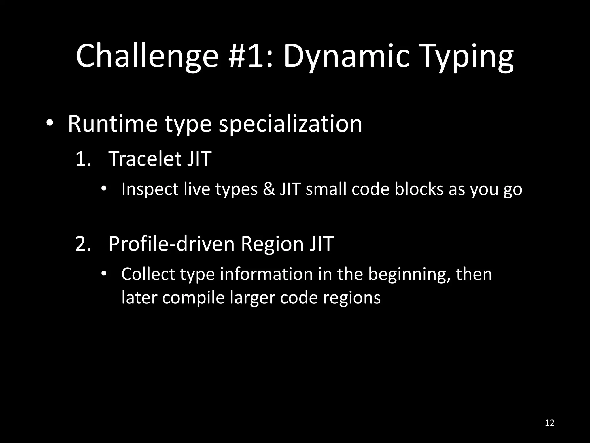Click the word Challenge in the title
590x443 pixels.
tap(147, 56)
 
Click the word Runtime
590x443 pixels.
tap(113, 124)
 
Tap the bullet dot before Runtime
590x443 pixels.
tap(50, 123)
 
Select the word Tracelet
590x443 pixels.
tap(145, 159)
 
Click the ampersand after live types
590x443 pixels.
tap(268, 189)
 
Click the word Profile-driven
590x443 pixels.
tap(172, 244)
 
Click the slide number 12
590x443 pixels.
tap(550, 423)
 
